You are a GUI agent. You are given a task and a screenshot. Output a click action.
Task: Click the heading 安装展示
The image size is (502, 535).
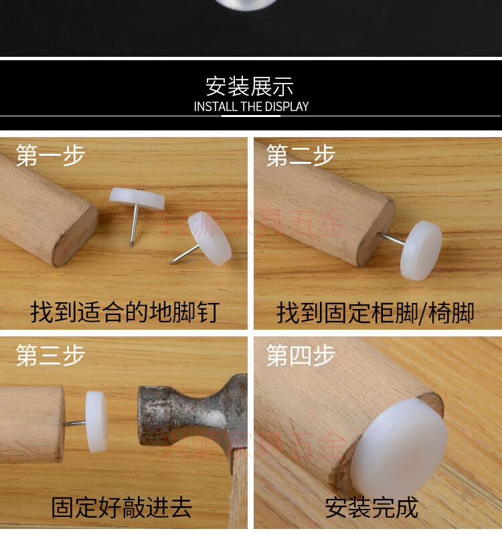[250, 86]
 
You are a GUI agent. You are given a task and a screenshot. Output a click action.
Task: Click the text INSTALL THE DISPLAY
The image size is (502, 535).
[251, 106]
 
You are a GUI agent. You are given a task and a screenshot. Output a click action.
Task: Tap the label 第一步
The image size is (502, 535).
[51, 155]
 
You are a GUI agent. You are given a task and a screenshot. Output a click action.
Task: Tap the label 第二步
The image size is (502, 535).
[301, 155]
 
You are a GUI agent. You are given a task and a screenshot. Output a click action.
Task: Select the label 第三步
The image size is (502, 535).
[51, 354]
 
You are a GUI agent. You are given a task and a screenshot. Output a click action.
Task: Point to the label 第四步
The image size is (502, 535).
[301, 354]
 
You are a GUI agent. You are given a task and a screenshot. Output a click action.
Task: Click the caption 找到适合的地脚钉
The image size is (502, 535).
[124, 312]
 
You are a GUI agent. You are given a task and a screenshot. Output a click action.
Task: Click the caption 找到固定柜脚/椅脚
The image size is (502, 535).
[375, 312]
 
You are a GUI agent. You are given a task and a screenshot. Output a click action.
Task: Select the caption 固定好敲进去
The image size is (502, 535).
[122, 507]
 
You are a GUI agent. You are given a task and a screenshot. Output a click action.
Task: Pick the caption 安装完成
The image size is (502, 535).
[371, 507]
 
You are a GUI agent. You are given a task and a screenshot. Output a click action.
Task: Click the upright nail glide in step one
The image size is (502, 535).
[138, 199]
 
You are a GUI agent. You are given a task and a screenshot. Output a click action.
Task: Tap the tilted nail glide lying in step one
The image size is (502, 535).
[210, 237]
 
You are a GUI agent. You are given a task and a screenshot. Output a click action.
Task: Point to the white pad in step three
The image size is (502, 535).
[96, 421]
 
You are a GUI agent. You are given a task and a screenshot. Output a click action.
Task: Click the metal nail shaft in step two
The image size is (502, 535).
[392, 239]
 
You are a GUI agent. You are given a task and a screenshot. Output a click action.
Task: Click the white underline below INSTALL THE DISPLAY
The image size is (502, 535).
[251, 116]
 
